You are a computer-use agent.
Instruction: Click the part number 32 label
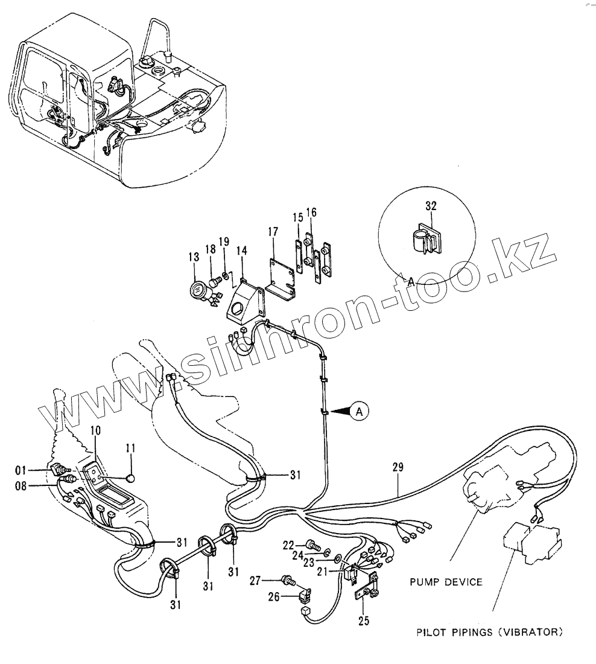click(431, 206)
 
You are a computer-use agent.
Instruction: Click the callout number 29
click(398, 468)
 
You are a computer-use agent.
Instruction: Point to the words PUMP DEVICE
click(446, 582)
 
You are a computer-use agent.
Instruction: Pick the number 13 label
click(194, 257)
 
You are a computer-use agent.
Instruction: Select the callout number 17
click(273, 232)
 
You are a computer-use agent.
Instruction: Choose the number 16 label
click(311, 212)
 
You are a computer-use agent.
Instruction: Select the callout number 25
click(364, 620)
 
